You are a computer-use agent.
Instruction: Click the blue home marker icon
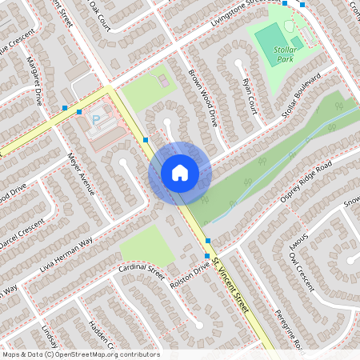(180, 172)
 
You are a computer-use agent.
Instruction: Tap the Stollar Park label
(285, 54)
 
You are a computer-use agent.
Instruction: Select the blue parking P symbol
(97, 120)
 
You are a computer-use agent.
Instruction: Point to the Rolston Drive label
(188, 274)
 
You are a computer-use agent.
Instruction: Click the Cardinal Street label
(141, 267)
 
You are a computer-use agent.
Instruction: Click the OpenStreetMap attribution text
(81, 354)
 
